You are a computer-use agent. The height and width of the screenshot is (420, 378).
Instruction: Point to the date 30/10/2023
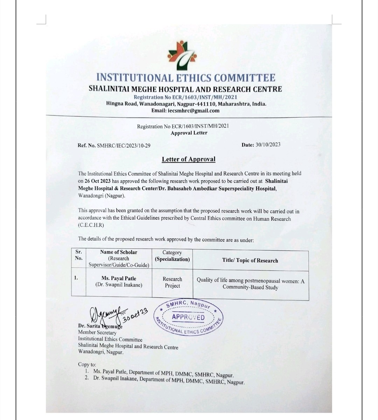tap(268, 144)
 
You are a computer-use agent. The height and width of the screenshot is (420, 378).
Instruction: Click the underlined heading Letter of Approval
tap(188, 159)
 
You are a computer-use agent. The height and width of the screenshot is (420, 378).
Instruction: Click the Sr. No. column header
tap(79, 255)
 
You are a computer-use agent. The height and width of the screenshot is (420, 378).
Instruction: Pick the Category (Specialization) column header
tap(172, 256)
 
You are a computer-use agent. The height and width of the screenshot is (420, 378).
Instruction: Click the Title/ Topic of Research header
tap(250, 261)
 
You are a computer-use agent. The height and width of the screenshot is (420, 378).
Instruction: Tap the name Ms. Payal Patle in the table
tap(119, 278)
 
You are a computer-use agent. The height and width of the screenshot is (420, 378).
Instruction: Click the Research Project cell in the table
tap(172, 282)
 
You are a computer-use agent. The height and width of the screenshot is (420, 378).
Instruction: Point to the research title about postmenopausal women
tap(250, 284)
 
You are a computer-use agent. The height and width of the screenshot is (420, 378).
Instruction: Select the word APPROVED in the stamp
tap(188, 317)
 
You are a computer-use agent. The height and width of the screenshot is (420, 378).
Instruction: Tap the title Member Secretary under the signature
tap(97, 332)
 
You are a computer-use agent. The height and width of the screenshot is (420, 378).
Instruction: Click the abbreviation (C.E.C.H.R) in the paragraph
tap(91, 225)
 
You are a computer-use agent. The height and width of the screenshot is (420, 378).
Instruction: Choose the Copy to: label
tap(87, 364)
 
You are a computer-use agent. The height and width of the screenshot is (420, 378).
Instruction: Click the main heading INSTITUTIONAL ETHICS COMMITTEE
tap(185, 78)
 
